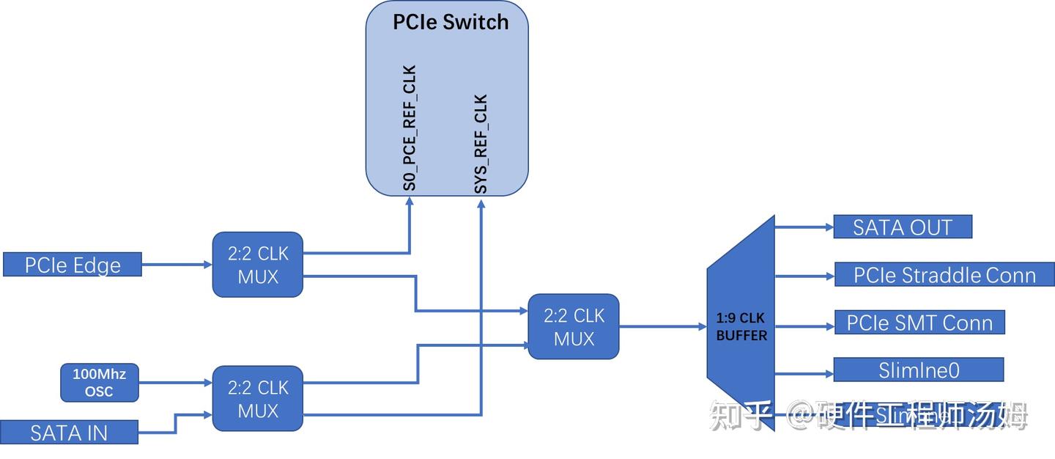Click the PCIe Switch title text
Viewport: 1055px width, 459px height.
450,22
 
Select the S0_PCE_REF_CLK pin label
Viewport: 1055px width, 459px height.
410,128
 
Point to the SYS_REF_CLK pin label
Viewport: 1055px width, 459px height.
480,144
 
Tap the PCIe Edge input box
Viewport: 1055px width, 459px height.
72,265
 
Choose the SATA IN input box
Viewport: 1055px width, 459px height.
69,433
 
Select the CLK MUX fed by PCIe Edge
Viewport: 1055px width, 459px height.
257,265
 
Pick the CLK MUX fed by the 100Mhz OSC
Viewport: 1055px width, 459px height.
257,398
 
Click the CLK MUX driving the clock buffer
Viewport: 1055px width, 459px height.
573,327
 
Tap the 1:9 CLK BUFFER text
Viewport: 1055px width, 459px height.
741,327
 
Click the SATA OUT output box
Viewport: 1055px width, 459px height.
902,227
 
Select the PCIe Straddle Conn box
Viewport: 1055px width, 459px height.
944,275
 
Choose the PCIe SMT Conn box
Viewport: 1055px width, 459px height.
919,323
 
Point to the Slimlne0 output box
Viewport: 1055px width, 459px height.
918,370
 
